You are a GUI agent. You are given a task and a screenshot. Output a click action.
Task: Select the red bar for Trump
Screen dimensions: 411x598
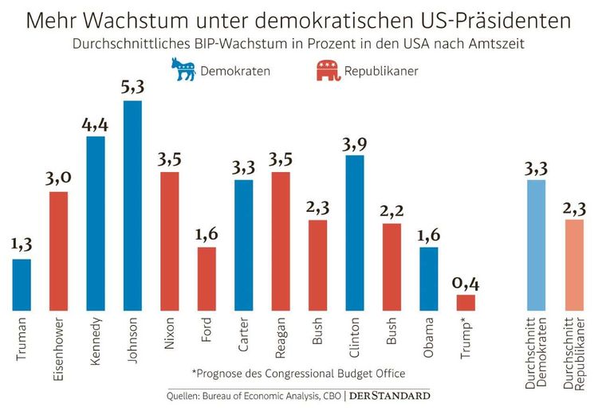(466, 303)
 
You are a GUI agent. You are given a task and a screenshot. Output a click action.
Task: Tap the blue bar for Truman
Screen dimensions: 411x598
(22, 284)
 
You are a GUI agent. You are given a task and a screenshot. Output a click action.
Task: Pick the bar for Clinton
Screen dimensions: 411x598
(355, 233)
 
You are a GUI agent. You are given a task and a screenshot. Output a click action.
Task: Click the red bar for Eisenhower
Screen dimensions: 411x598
(58, 251)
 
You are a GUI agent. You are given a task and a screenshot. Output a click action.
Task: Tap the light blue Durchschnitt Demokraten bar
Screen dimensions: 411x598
(537, 245)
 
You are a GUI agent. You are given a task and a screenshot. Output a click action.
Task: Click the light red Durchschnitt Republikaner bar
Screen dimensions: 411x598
(574, 264)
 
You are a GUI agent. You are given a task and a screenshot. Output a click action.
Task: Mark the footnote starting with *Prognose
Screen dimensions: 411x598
(299, 373)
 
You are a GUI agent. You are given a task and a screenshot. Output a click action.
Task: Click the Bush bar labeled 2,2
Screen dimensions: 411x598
(391, 267)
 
